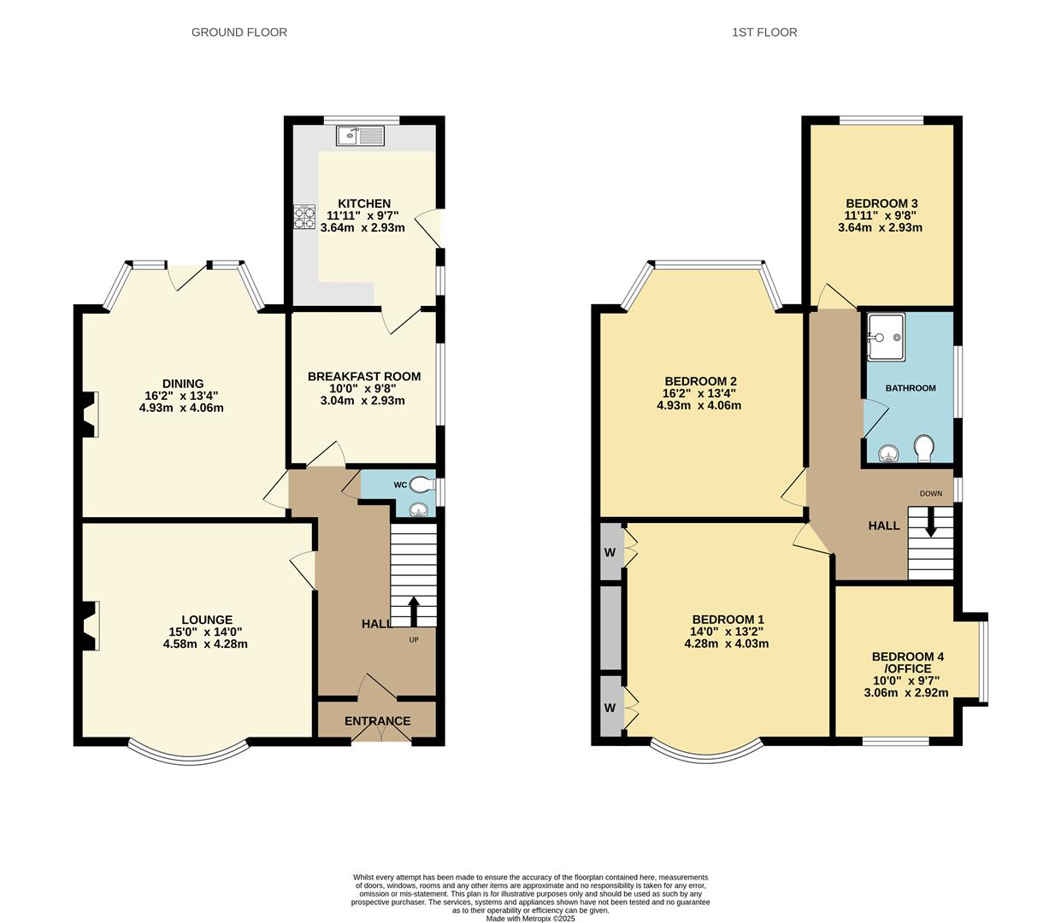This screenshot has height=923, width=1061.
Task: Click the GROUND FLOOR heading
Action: click(x=239, y=32)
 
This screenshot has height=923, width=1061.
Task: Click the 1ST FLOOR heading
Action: click(x=764, y=32)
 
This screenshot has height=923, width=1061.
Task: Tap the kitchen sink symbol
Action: click(x=361, y=135)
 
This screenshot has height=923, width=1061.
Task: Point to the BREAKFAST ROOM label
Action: click(x=364, y=376)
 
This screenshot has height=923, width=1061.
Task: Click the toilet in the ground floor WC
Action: click(x=421, y=485)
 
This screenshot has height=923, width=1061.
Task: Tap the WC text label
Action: click(x=400, y=485)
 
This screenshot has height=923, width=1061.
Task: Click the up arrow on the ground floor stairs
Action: click(x=414, y=610)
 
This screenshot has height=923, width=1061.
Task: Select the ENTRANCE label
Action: click(x=377, y=720)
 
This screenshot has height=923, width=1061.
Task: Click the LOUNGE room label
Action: click(x=206, y=620)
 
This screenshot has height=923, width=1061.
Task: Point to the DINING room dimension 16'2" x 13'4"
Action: click(x=182, y=396)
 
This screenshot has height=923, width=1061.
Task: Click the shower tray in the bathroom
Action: click(x=885, y=337)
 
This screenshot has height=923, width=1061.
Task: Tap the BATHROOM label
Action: click(x=910, y=388)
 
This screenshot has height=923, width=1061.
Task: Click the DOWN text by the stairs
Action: click(x=930, y=493)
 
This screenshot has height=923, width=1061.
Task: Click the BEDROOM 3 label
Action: click(x=881, y=203)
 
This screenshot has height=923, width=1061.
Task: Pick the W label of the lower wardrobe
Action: click(x=610, y=708)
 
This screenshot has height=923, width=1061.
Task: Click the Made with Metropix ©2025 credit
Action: click(x=530, y=919)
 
